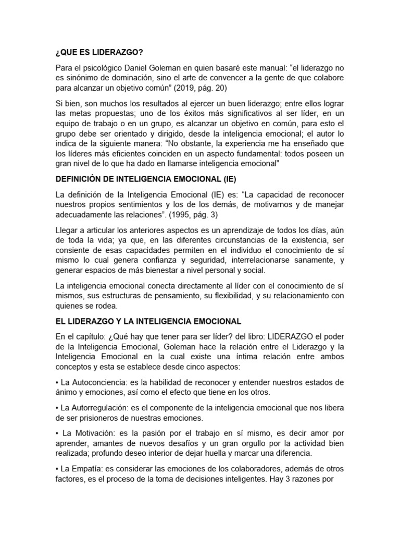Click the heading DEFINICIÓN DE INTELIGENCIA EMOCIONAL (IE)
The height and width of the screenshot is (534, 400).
click(x=146, y=179)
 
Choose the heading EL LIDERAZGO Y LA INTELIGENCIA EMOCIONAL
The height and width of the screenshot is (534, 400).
click(x=148, y=321)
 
